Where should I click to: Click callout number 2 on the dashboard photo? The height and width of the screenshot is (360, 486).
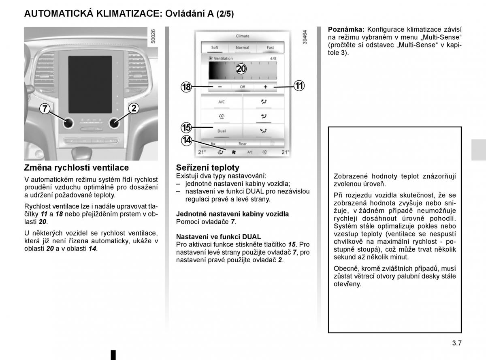point(134,108)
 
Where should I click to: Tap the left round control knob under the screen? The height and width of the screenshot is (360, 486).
point(68,122)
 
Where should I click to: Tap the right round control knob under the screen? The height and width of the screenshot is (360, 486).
point(115,122)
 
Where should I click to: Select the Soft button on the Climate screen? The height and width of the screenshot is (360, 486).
point(215,47)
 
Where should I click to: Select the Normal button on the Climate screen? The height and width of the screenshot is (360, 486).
point(242,47)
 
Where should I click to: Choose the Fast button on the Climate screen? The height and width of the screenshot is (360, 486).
point(270,47)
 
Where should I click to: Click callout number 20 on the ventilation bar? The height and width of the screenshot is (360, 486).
point(241,69)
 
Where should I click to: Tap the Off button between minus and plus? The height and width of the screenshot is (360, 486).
point(242,87)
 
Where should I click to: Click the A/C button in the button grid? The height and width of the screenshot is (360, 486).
point(222,102)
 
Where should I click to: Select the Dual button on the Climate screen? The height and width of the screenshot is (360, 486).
point(222,131)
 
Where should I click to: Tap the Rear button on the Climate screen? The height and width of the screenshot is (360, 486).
point(242,144)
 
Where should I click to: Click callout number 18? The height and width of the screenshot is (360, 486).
point(186,87)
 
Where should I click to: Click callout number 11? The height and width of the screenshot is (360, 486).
point(299,86)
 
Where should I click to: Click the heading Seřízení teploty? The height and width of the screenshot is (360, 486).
point(208,167)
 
